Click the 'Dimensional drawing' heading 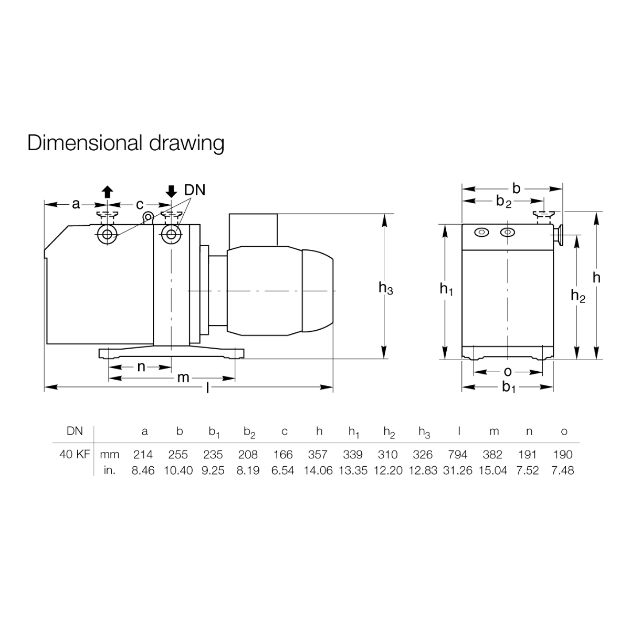[125, 143]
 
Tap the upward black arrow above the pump [107, 192]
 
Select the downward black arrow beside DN [171, 192]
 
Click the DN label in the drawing [195, 190]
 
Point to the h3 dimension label [386, 288]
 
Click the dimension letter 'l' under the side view [207, 388]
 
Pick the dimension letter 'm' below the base [183, 378]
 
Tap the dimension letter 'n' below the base [141, 367]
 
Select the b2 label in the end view [504, 202]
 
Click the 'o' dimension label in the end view [508, 372]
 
